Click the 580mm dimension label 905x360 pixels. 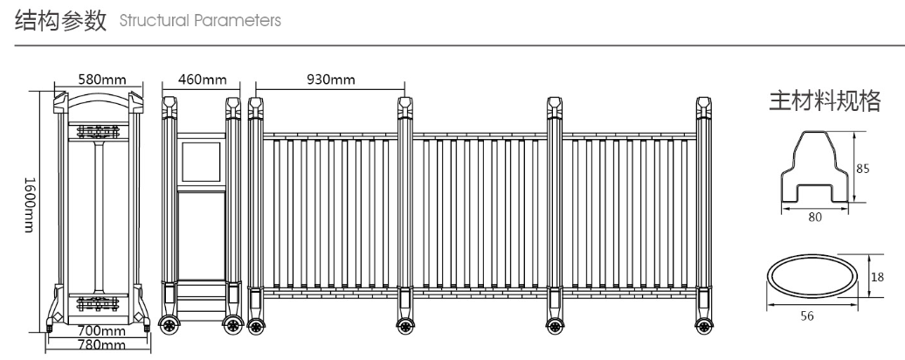pyautogui.click(x=102, y=79)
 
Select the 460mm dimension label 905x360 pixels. pyautogui.click(x=202, y=79)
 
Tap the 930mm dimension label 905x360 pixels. pyautogui.click(x=331, y=79)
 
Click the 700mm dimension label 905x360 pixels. pyautogui.click(x=101, y=331)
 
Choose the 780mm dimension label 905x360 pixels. pyautogui.click(x=101, y=345)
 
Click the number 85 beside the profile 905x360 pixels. pyautogui.click(x=862, y=169)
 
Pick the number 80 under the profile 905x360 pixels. pyautogui.click(x=815, y=218)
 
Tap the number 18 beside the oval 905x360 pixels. pyautogui.click(x=877, y=278)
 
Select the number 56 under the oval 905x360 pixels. pyautogui.click(x=807, y=316)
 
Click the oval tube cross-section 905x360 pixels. pyautogui.click(x=812, y=276)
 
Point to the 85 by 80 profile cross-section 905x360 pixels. pyautogui.click(x=816, y=167)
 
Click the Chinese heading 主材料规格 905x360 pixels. pyautogui.click(x=826, y=100)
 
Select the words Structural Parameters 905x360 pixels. pyautogui.click(x=200, y=20)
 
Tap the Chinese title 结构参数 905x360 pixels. pyautogui.click(x=61, y=20)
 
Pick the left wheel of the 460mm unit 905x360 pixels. pyautogui.click(x=169, y=325)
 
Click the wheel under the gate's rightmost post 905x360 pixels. pyautogui.click(x=704, y=326)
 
